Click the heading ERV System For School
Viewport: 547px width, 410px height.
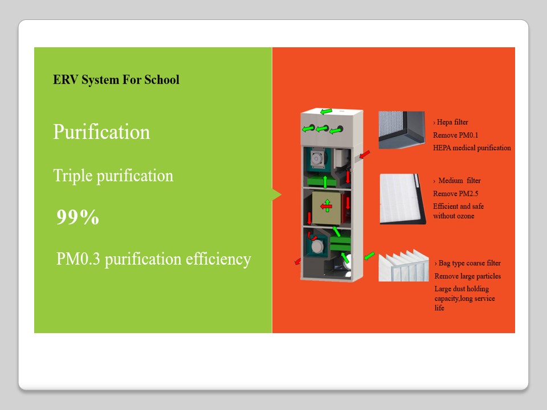(116, 80)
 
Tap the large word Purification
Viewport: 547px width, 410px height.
(101, 132)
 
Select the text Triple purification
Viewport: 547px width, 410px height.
(113, 176)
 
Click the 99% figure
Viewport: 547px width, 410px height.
(78, 217)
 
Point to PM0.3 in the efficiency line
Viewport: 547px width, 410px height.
(78, 259)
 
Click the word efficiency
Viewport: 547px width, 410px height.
(218, 260)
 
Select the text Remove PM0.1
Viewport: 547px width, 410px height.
(456, 136)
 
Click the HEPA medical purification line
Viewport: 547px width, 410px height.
(472, 148)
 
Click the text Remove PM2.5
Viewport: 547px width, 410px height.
(456, 194)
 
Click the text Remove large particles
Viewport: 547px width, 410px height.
(467, 276)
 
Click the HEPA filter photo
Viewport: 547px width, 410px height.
(402, 130)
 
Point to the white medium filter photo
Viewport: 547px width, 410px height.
(403, 199)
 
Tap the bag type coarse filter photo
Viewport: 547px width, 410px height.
(403, 266)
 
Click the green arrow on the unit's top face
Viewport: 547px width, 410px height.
(326, 112)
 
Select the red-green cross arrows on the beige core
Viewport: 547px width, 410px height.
(326, 206)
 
